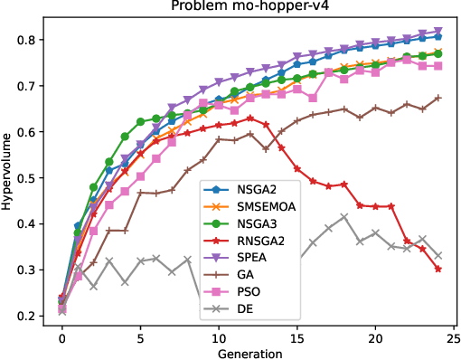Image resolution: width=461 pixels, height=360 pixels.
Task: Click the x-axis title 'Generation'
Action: coord(249,352)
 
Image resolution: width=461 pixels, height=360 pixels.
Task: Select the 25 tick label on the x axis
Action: coord(454,336)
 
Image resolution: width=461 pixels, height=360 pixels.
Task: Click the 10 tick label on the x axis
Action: coord(219,336)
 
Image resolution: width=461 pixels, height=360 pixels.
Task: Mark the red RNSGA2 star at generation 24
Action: coord(438,269)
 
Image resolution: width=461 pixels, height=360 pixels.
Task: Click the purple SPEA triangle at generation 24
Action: coord(438,32)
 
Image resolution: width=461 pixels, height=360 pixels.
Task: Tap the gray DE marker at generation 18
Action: coord(344,217)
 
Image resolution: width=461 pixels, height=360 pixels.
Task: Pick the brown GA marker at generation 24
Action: coord(438,98)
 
